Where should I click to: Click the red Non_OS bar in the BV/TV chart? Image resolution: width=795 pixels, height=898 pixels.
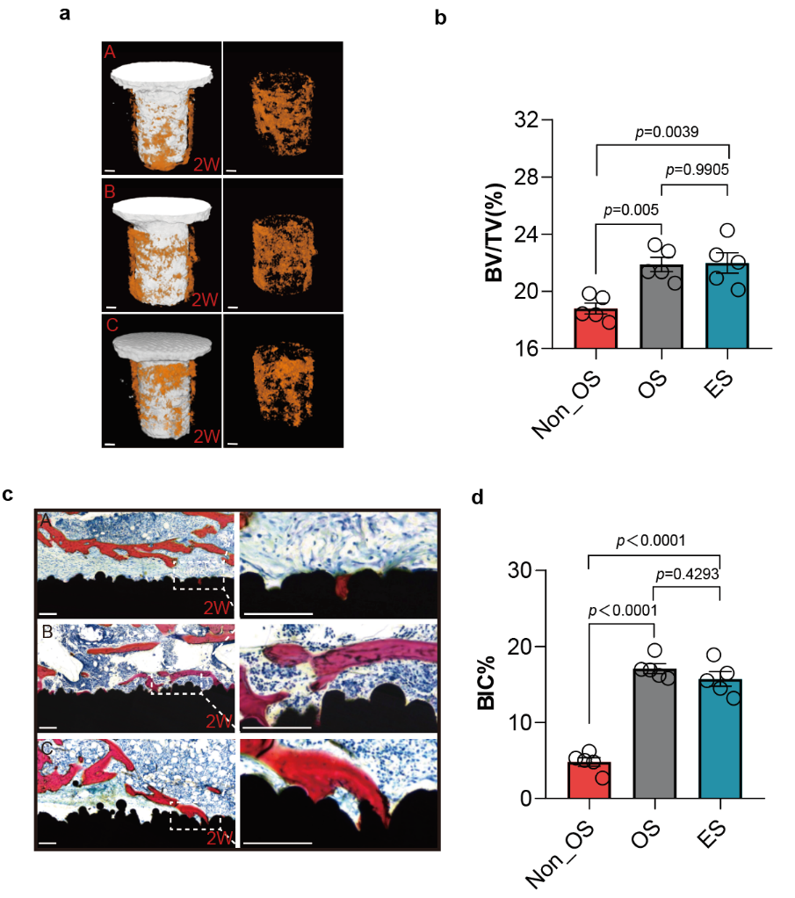[x=596, y=329]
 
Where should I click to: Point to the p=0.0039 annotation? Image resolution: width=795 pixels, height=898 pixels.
[x=667, y=132]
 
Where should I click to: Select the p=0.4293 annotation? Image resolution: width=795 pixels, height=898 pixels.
[x=688, y=574]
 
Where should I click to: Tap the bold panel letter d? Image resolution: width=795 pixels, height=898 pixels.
[x=478, y=498]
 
